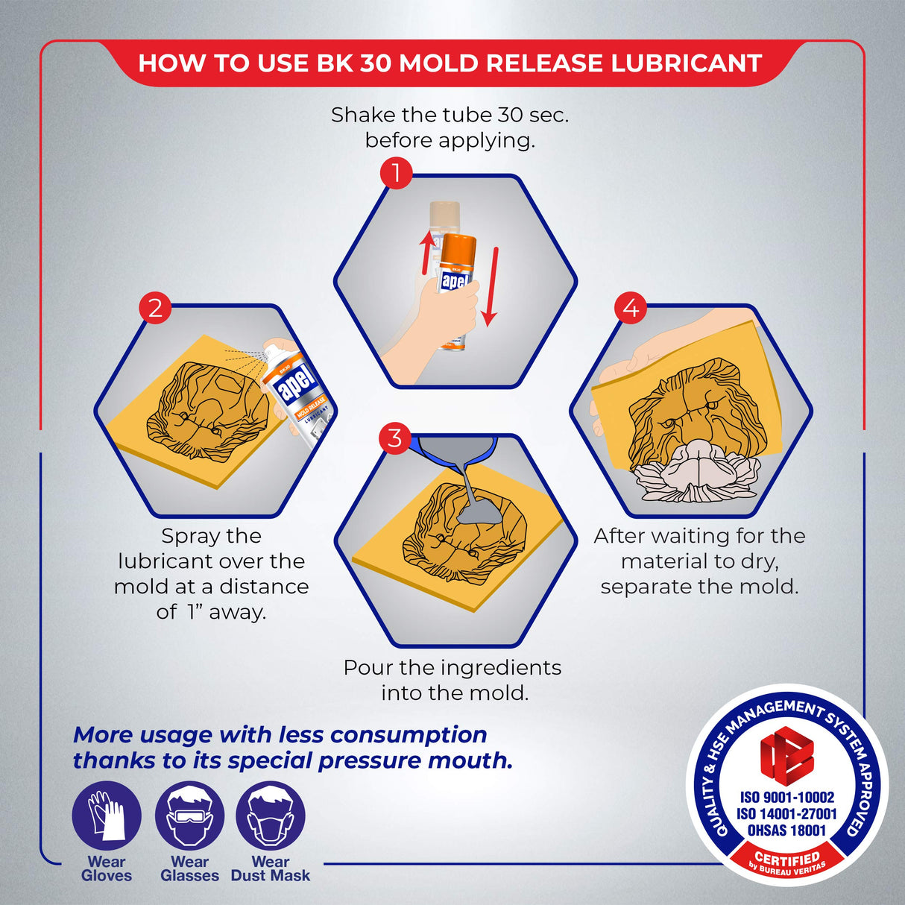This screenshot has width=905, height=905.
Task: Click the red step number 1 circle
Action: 397,173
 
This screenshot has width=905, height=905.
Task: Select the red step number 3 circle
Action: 395,438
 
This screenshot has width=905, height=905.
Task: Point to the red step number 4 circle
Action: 631,308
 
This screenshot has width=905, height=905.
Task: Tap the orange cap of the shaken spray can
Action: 458,247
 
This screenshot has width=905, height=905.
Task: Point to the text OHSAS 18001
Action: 786,830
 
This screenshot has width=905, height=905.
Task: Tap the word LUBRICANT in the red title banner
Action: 686,63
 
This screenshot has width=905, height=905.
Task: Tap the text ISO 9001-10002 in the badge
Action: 787,797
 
